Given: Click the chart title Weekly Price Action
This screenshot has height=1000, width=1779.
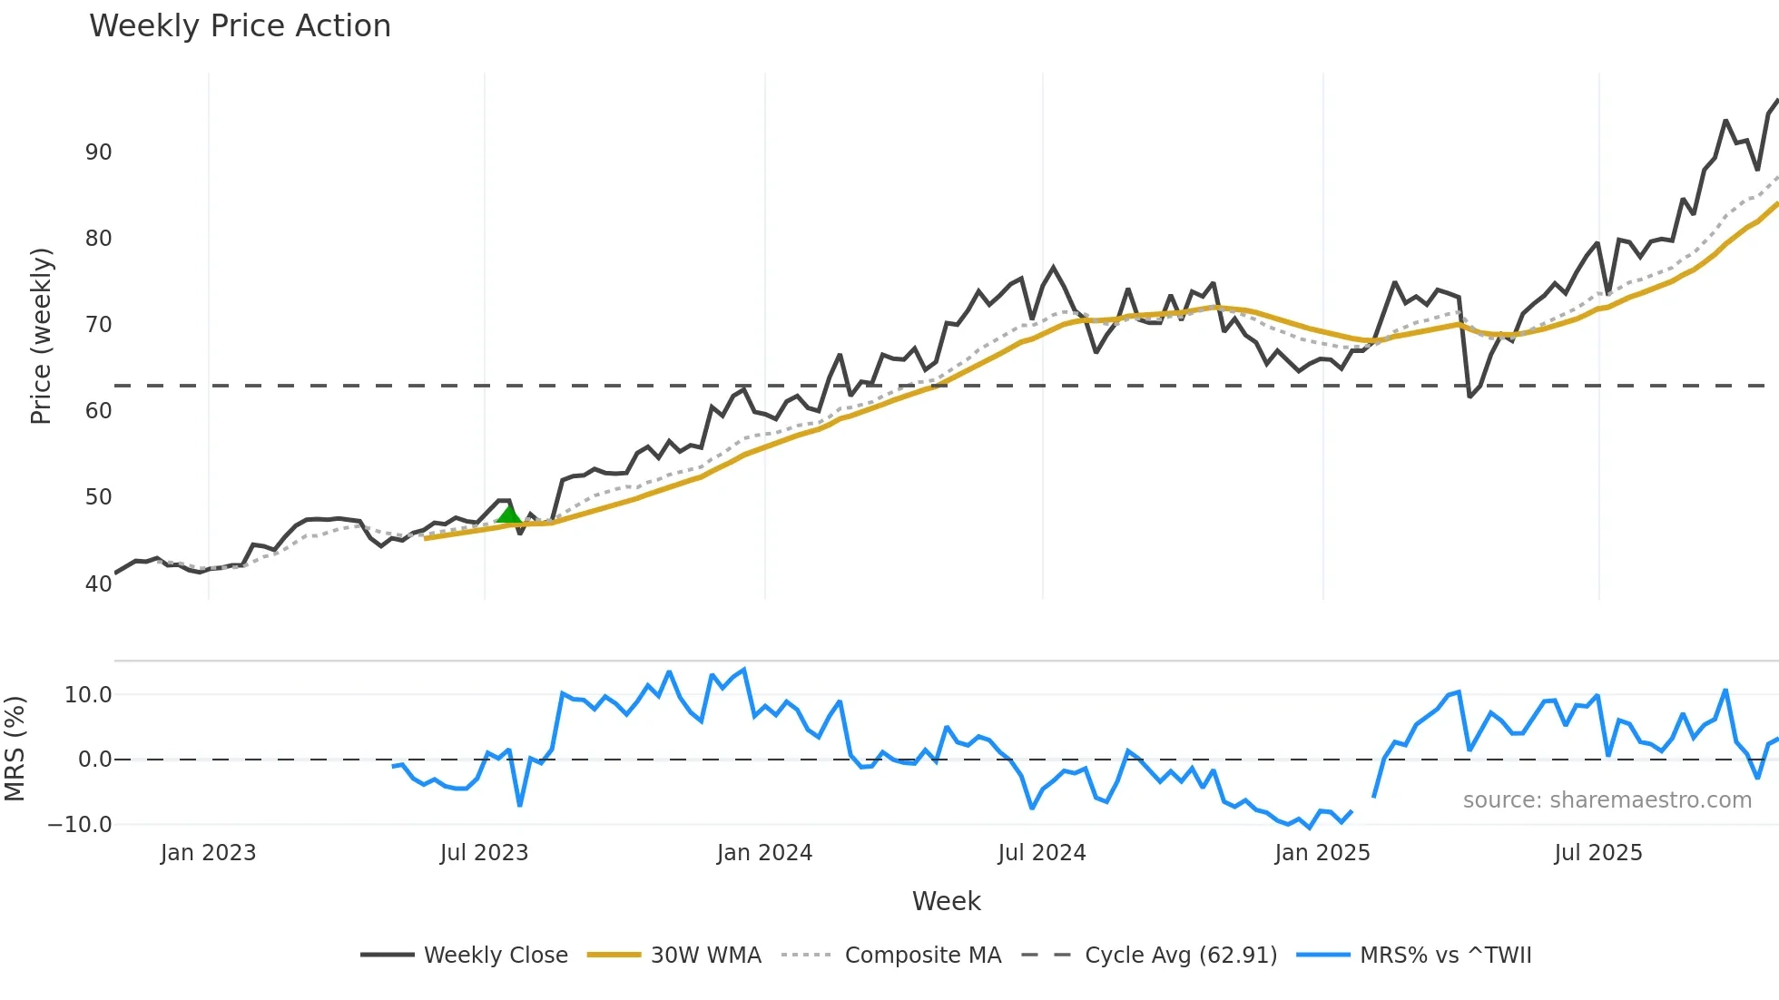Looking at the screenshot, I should tap(240, 25).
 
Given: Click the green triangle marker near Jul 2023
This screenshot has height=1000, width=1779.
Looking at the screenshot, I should tap(509, 515).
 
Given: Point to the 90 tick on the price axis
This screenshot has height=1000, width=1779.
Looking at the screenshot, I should tap(98, 152).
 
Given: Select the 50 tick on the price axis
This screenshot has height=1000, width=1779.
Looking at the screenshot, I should tap(98, 496).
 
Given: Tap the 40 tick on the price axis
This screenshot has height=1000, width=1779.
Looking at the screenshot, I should tap(98, 583).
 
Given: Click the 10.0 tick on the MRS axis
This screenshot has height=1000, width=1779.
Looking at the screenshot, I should tap(88, 695).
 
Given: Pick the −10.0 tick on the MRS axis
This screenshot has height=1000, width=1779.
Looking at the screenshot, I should tap(80, 825).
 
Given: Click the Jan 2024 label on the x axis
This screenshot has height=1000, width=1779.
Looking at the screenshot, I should tap(764, 853).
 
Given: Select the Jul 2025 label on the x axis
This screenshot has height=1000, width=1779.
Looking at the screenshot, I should tap(1597, 853).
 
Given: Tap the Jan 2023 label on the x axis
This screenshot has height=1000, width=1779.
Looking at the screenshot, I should tap(208, 853).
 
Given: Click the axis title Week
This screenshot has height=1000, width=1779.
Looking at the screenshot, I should tap(946, 901).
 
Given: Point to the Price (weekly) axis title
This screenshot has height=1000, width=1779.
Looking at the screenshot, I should tap(41, 336).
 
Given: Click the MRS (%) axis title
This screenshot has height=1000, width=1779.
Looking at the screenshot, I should tap(15, 749).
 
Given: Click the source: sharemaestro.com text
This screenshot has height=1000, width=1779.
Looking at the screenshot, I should tap(1607, 800).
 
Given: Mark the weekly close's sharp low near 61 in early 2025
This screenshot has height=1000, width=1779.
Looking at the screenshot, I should tap(1470, 397).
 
